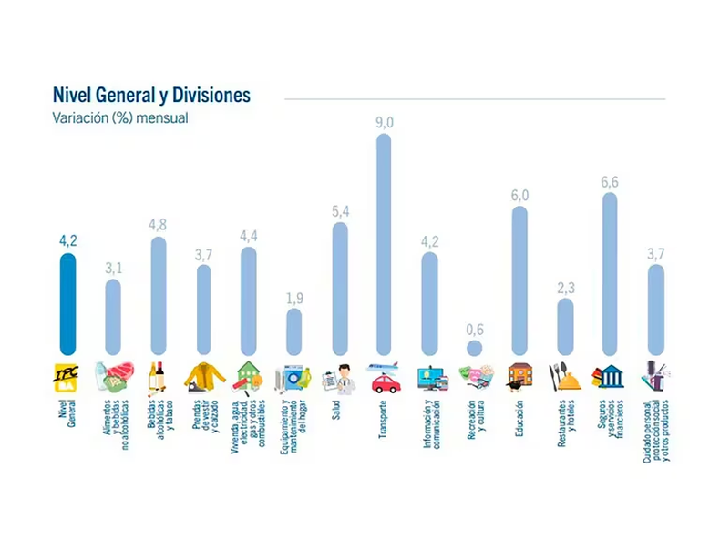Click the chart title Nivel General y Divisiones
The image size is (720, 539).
pos(140,95)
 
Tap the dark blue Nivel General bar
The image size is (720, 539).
pos(68,304)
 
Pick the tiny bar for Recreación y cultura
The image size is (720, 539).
pos(474,348)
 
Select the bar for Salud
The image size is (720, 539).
pos(339,289)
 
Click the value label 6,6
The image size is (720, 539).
pos(609,182)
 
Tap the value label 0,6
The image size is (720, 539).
pos(474,330)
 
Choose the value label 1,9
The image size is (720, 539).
pos(293,299)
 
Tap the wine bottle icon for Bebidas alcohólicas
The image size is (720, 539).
pos(159,375)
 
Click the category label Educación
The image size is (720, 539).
pos(519,421)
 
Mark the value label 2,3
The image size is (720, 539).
pos(564,289)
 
